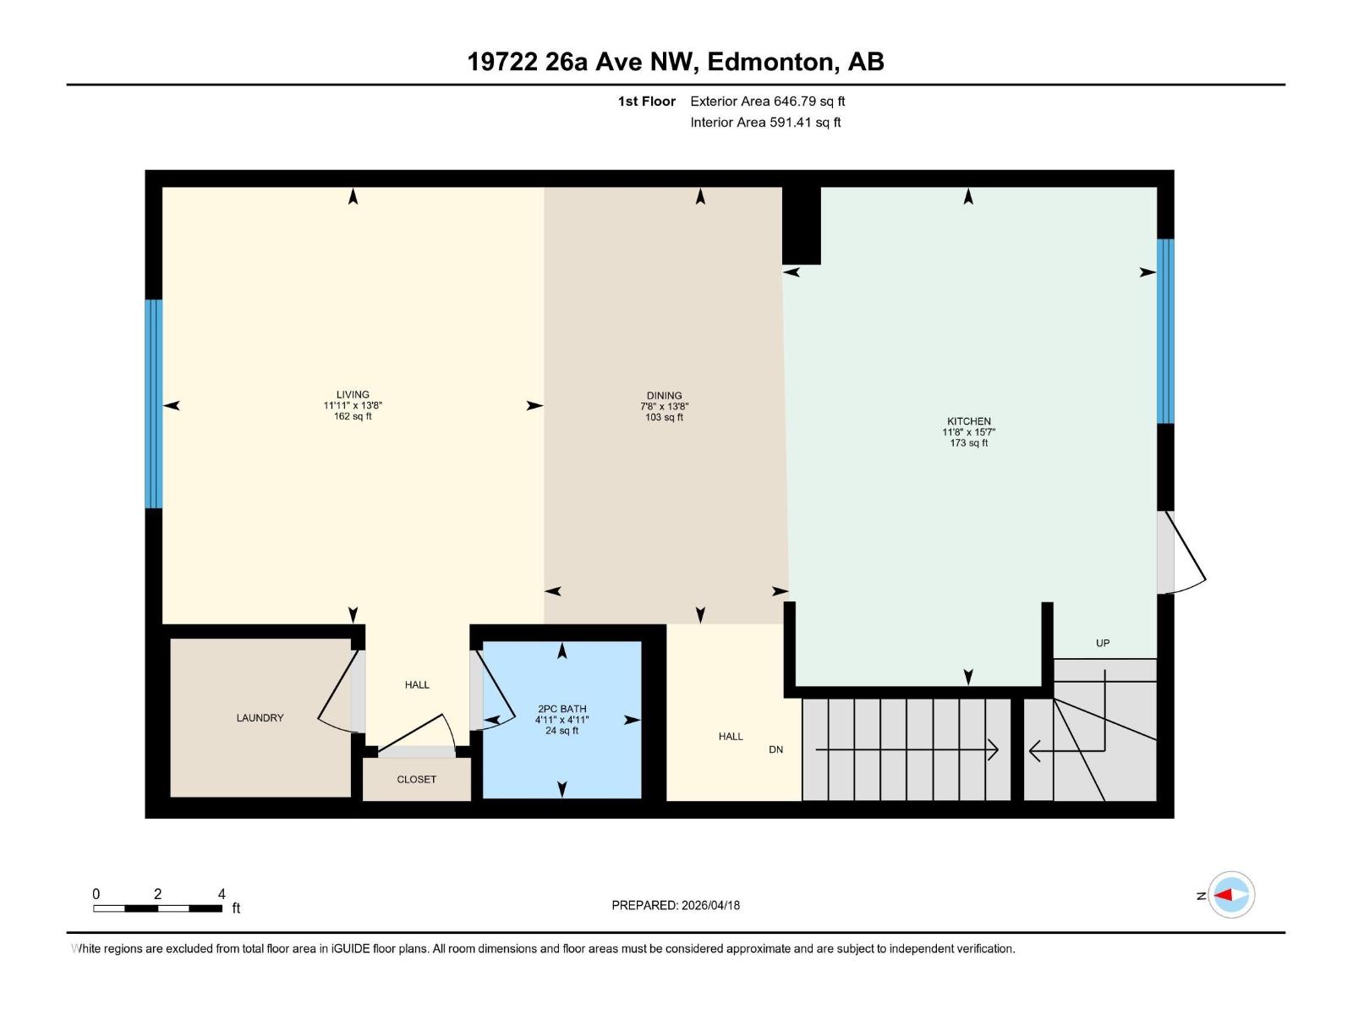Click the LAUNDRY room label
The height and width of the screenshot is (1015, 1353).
tap(260, 718)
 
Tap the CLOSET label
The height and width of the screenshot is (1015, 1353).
tap(416, 780)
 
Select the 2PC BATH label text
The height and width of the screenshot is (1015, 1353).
tap(561, 709)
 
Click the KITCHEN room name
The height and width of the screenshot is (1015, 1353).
tap(968, 421)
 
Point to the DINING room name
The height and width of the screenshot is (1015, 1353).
tap(664, 395)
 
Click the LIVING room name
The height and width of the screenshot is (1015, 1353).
tap(353, 394)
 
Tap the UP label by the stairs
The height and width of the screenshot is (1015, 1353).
tap(1103, 643)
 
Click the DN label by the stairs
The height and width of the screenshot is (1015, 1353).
tap(775, 749)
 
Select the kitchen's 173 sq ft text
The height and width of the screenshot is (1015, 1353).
tap(968, 443)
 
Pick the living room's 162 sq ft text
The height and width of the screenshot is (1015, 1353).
tap(353, 416)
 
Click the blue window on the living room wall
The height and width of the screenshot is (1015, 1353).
tap(153, 403)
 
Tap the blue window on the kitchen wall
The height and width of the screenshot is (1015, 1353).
tap(1165, 331)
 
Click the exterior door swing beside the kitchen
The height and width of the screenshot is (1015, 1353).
tap(1182, 554)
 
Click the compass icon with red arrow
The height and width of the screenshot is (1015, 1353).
tap(1230, 895)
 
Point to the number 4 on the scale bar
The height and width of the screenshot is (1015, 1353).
tap(222, 894)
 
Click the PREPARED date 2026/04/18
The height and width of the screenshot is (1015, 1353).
tap(709, 905)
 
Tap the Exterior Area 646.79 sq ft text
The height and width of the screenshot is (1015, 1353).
tap(767, 101)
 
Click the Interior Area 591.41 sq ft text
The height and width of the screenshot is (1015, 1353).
tap(765, 123)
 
